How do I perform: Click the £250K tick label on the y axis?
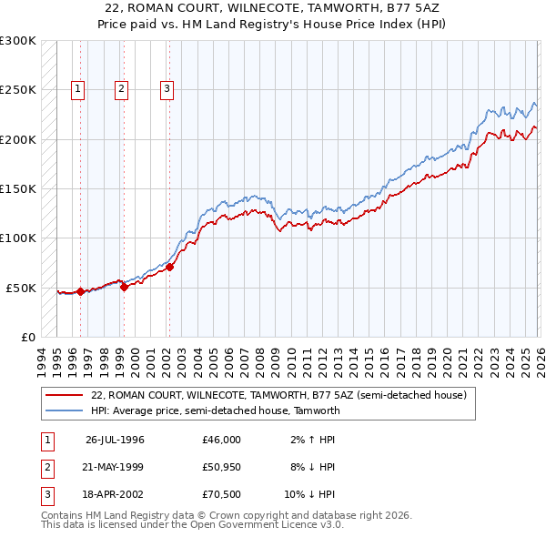pos(18,90)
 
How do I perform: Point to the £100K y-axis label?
pos(18,238)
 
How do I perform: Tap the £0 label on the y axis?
pos(26,337)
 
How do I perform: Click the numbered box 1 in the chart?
pos(78,89)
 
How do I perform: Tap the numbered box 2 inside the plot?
pos(121,89)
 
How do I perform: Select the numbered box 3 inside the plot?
pos(167,89)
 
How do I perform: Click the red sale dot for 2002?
pos(170,268)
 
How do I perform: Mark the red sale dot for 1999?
pos(125,287)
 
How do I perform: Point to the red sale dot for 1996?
pos(81,291)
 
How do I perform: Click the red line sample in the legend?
pos(65,396)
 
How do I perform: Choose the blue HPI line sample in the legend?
pos(65,410)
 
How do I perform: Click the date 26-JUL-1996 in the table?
pos(115,440)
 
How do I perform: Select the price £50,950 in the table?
pos(222,467)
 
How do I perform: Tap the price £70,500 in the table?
pos(222,494)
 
